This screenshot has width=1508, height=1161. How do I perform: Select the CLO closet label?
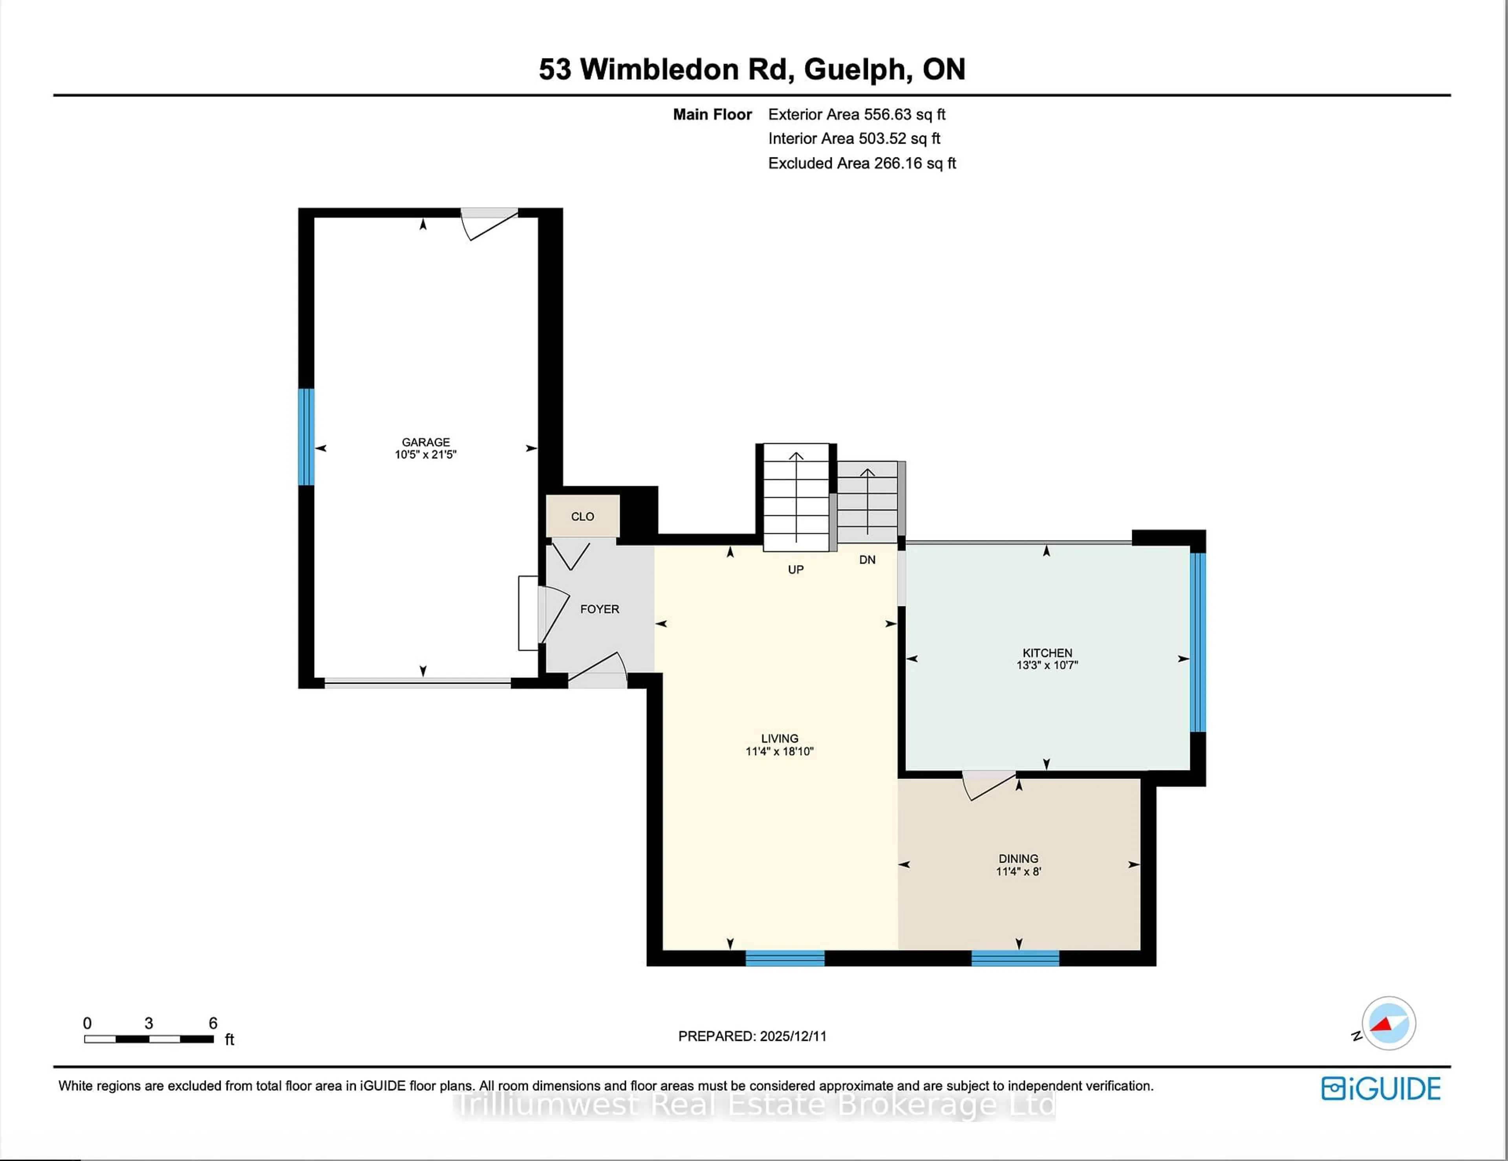coord(582,516)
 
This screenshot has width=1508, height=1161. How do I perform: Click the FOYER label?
coord(599,609)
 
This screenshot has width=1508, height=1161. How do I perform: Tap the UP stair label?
coord(795,570)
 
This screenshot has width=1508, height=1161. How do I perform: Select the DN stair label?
coord(867,560)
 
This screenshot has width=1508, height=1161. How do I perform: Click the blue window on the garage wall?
coord(306,437)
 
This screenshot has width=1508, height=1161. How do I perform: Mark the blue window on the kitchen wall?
coord(1198,642)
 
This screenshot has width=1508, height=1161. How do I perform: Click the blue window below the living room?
coord(785,958)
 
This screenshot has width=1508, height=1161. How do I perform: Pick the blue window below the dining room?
coord(1015,958)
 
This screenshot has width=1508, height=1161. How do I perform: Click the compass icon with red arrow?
coord(1388,1023)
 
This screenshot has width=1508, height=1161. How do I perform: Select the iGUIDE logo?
coord(1380,1088)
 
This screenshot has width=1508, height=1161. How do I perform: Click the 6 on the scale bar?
coord(213,1023)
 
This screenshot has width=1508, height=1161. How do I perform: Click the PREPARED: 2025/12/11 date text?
coord(752,1036)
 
